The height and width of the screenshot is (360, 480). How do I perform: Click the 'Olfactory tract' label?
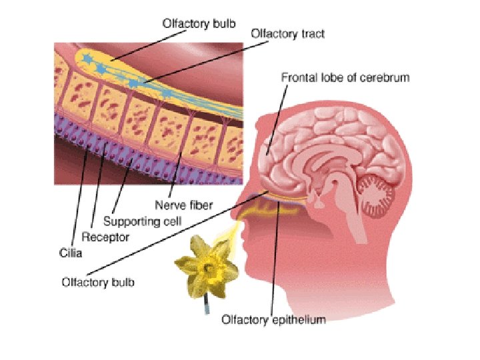tap(287, 33)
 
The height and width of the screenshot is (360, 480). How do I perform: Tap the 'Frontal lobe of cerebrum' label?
tap(345, 78)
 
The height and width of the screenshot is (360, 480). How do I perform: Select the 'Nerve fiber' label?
tap(183, 205)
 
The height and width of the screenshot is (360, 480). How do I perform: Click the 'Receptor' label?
tap(105, 237)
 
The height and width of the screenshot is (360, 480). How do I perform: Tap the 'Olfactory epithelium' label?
tap(273, 320)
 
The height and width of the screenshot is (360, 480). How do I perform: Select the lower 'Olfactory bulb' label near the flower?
tap(98, 282)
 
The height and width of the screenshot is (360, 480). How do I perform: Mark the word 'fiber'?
tap(199, 205)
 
